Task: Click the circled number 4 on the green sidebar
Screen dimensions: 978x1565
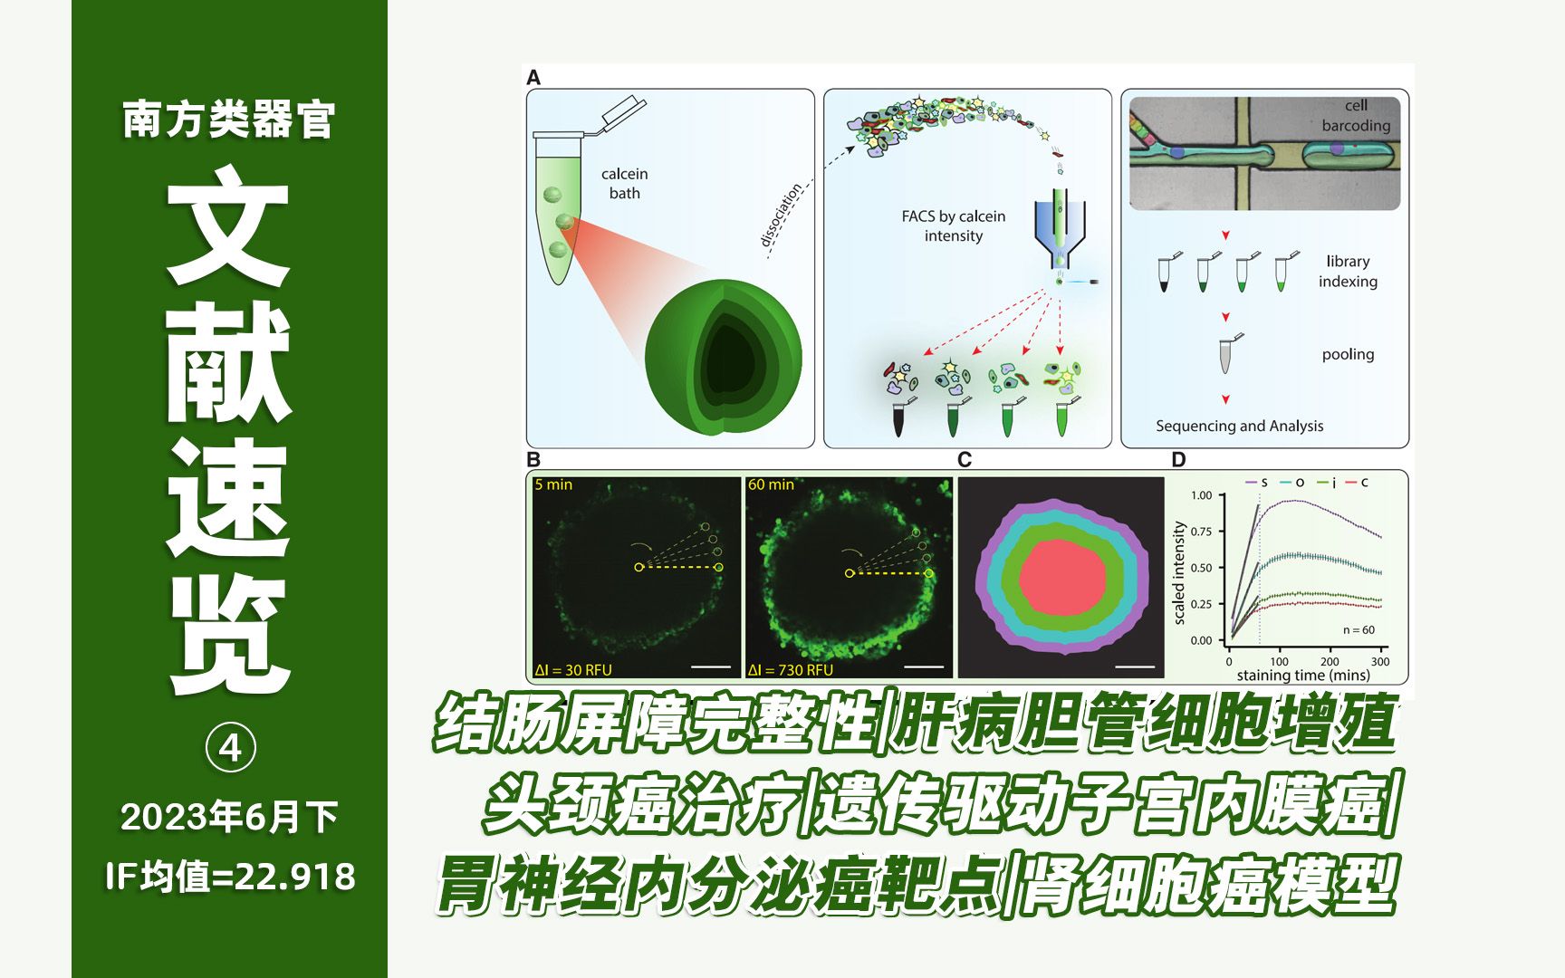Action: click(231, 748)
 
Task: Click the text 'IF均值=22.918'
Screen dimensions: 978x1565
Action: click(230, 877)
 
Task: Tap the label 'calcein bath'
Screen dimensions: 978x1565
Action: click(624, 183)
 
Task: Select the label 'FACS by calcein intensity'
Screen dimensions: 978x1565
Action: click(953, 226)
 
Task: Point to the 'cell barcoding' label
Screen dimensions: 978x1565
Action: click(1355, 116)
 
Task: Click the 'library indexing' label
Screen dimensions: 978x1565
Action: click(1348, 272)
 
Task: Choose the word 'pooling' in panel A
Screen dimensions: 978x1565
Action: click(1348, 354)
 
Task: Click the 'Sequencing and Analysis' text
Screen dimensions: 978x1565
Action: click(1239, 426)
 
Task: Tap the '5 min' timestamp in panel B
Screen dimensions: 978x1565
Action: click(553, 485)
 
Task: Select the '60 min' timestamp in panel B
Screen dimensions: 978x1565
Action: click(771, 485)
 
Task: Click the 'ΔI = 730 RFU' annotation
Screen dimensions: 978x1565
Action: click(790, 670)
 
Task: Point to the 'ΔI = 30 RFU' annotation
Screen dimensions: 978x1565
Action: click(573, 670)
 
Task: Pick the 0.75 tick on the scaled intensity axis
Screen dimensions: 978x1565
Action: click(1202, 532)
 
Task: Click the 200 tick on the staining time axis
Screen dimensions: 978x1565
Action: click(1330, 661)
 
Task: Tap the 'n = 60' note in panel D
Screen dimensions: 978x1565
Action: click(1359, 630)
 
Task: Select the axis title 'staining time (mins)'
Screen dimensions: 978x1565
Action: click(1302, 676)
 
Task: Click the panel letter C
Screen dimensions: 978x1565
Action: click(965, 460)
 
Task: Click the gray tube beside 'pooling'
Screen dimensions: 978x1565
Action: click(1226, 356)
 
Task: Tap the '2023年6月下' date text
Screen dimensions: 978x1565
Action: click(230, 817)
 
